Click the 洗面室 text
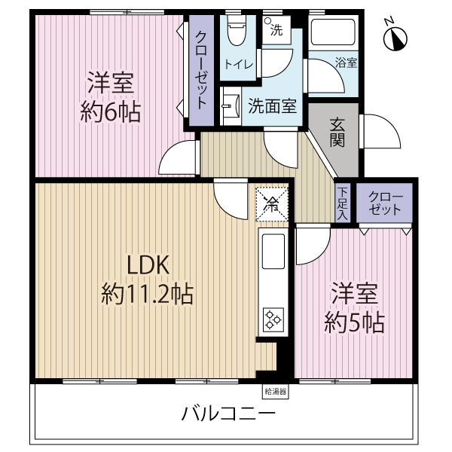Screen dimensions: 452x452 pyautogui.click(x=273, y=105)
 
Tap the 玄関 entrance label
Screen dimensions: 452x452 pyautogui.click(x=337, y=132)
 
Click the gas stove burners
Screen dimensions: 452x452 pyautogui.click(x=272, y=320)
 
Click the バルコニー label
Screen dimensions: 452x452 pyautogui.click(x=227, y=414)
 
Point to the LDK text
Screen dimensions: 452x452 pyautogui.click(x=149, y=265)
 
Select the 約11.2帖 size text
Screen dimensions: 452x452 pyautogui.click(x=148, y=293)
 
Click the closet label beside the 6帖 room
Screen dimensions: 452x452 pyautogui.click(x=201, y=72)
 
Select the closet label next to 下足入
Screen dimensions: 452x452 pyautogui.click(x=385, y=203)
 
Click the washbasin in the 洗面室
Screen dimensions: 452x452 pyautogui.click(x=230, y=102)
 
